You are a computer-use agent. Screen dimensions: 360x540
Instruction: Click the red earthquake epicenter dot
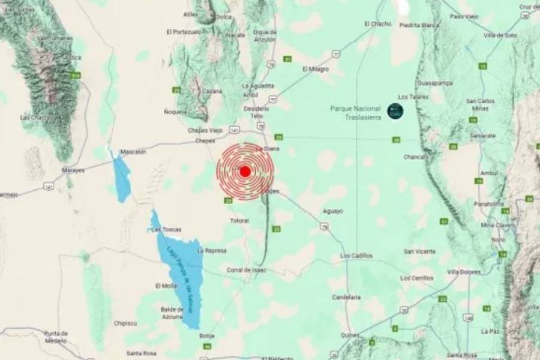[245, 172]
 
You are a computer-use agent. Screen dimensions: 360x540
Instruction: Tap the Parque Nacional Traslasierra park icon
[395, 110]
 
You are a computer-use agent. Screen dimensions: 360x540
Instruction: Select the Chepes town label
[205, 141]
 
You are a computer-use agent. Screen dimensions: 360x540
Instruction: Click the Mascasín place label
[133, 151]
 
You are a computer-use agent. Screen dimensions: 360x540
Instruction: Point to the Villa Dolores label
[464, 272]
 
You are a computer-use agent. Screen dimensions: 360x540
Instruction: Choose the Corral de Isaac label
[246, 270]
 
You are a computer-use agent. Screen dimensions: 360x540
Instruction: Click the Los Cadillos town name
[356, 256]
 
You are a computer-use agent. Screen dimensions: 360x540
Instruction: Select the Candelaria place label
[346, 297]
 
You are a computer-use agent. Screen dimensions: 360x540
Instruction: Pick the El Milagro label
[316, 69]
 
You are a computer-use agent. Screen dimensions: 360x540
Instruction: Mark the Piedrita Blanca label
[419, 25]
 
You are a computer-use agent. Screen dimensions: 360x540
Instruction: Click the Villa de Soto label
[500, 35]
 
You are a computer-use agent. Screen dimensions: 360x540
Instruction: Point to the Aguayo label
[333, 211]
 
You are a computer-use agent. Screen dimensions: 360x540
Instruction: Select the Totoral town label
[239, 221]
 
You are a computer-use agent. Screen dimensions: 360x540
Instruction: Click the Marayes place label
[74, 170]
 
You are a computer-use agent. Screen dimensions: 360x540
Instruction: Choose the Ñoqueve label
[176, 112]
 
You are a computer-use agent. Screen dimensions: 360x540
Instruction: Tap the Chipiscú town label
[125, 323]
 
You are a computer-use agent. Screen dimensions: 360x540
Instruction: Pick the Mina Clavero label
[496, 225]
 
